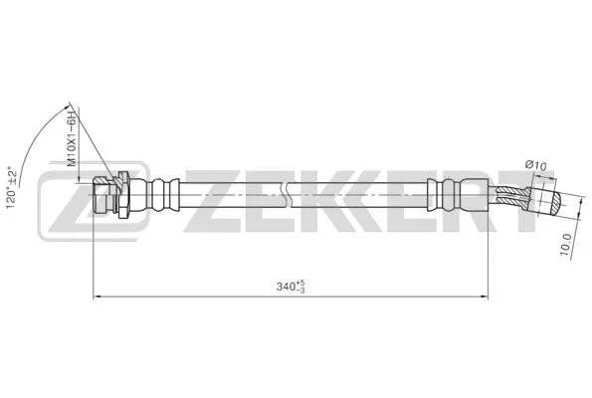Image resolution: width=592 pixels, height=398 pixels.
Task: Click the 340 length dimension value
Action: [x=289, y=287]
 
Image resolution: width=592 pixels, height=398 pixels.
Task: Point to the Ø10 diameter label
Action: [x=535, y=166]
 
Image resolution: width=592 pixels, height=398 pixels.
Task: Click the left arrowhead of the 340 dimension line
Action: [x=97, y=296]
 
